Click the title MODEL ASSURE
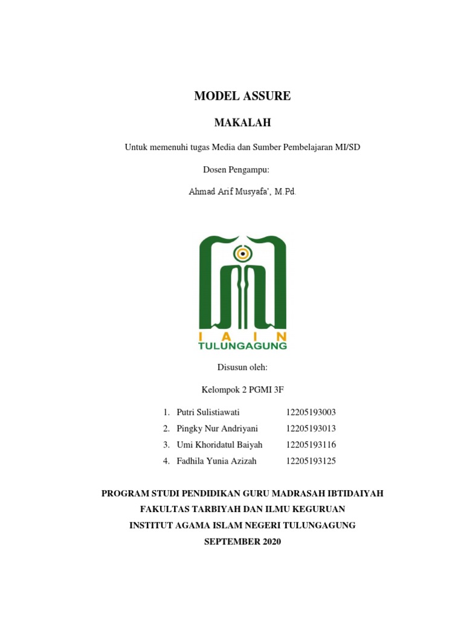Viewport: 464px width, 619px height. [x=242, y=96]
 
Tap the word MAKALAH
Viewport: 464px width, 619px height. [x=242, y=123]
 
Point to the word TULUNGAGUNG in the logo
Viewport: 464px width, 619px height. [x=242, y=346]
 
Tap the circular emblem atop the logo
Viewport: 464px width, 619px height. [x=242, y=253]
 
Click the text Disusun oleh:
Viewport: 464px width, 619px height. [x=242, y=367]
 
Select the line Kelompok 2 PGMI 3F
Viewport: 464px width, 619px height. [x=242, y=389]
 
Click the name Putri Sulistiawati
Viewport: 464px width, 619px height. [x=208, y=412]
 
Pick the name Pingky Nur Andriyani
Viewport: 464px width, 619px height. [x=217, y=429]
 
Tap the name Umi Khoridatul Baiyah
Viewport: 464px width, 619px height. [x=219, y=445]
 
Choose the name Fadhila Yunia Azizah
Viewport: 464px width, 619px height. [x=216, y=461]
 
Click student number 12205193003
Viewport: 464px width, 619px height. [x=311, y=412]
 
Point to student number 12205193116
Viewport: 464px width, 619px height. [x=311, y=445]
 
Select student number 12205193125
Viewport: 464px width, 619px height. [x=311, y=461]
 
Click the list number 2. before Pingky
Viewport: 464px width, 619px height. [x=166, y=429]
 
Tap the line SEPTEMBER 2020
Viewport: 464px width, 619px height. [x=242, y=542]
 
